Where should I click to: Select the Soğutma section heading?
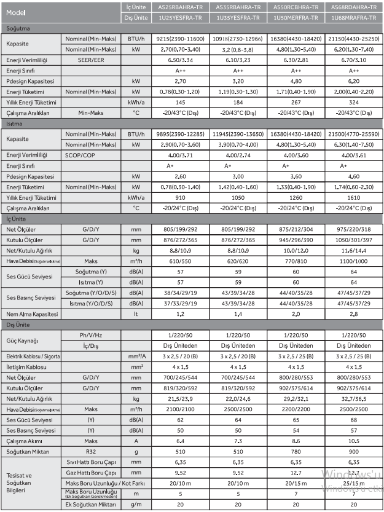click(x=18, y=28)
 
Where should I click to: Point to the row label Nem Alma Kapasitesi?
click(x=33, y=314)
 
